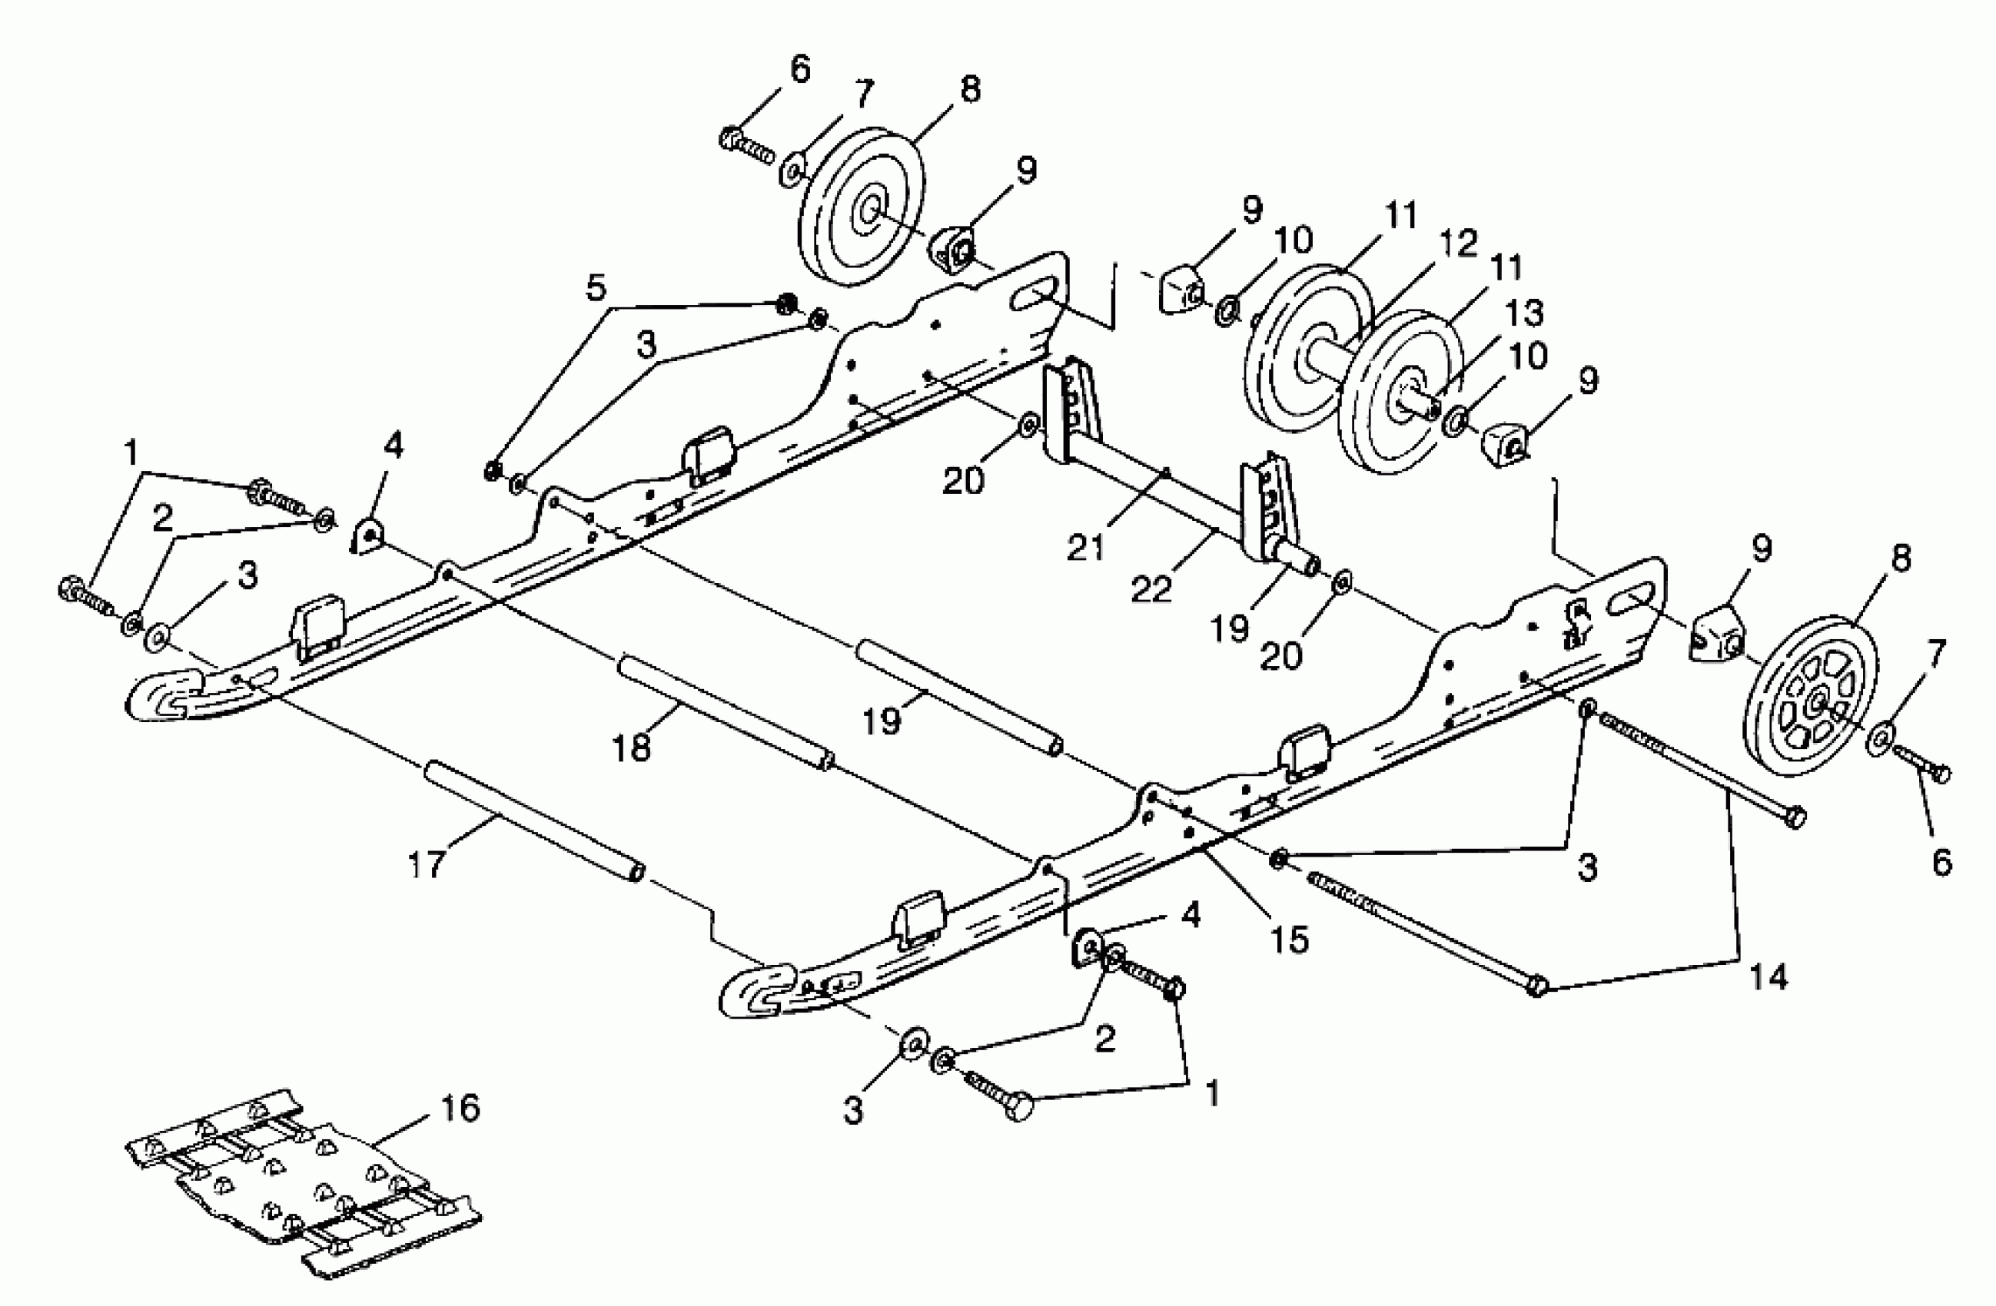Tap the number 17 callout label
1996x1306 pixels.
point(425,864)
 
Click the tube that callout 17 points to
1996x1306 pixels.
point(534,819)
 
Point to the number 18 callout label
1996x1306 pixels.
point(632,745)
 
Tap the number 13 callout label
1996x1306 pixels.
point(1524,313)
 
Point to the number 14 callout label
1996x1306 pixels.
point(1768,976)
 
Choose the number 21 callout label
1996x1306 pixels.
point(1086,549)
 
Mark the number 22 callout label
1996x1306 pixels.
point(1151,588)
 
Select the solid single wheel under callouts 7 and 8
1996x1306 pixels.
point(862,206)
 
